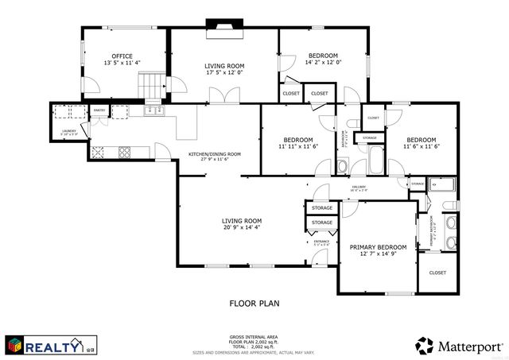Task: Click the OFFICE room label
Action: (x=122, y=56)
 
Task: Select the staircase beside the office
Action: (x=150, y=83)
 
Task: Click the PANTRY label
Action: (x=99, y=110)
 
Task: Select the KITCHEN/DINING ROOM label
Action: (x=214, y=154)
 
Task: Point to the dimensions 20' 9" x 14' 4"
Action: (x=241, y=228)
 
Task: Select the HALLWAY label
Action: (x=359, y=187)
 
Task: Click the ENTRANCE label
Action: (x=321, y=242)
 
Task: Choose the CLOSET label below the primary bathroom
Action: (x=437, y=273)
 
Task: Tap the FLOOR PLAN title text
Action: (x=254, y=303)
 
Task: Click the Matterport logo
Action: (x=457, y=344)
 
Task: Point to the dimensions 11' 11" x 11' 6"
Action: (x=298, y=146)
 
